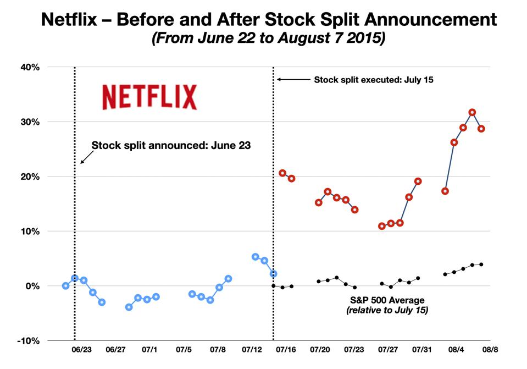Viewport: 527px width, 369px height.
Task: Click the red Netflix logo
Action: [x=149, y=97]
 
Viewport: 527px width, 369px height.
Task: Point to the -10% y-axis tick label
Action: [x=28, y=340]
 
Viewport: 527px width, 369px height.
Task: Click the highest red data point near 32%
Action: [x=472, y=113]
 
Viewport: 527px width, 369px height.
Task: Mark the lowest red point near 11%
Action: [x=382, y=226]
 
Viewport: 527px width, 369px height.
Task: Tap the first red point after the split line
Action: [x=282, y=173]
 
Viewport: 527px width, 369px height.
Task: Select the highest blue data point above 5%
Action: [x=256, y=257]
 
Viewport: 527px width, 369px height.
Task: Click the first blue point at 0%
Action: [x=66, y=286]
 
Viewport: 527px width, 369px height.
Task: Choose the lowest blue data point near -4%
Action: [x=129, y=307]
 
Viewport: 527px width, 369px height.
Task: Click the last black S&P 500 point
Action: [x=481, y=265]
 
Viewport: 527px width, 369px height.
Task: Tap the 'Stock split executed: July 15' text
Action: [x=373, y=80]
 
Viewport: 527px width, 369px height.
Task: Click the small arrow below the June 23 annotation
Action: [x=85, y=158]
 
